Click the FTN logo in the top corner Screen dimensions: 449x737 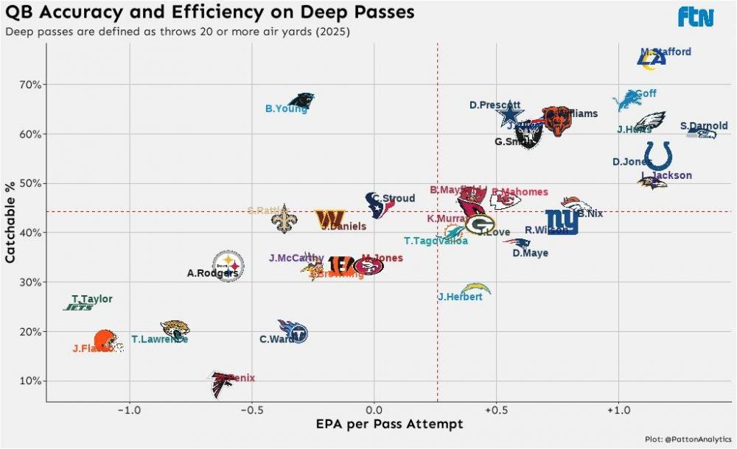(696, 16)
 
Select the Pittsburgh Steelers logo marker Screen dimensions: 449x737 (228, 264)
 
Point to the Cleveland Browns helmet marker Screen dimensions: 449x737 (106, 340)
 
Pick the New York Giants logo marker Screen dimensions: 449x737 (562, 222)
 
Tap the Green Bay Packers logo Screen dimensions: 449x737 (480, 224)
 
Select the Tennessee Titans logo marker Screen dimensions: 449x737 (293, 332)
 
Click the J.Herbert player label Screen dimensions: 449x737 (460, 297)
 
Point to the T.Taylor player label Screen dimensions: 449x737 (92, 299)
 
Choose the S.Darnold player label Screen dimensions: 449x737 (704, 126)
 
